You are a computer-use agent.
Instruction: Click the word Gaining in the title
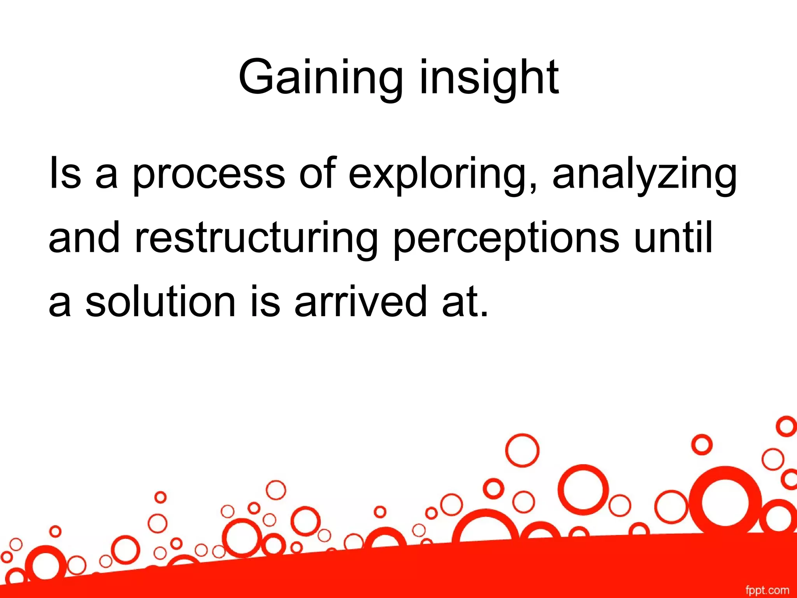(320, 78)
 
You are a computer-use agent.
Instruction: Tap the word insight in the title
(489, 78)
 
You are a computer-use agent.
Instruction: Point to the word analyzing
(644, 174)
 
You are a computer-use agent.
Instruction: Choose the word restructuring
(256, 238)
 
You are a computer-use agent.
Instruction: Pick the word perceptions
(506, 238)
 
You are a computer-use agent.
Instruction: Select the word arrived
(361, 302)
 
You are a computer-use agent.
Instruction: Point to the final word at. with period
(465, 302)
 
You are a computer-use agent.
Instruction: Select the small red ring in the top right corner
(786, 426)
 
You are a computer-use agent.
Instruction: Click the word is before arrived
(265, 302)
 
